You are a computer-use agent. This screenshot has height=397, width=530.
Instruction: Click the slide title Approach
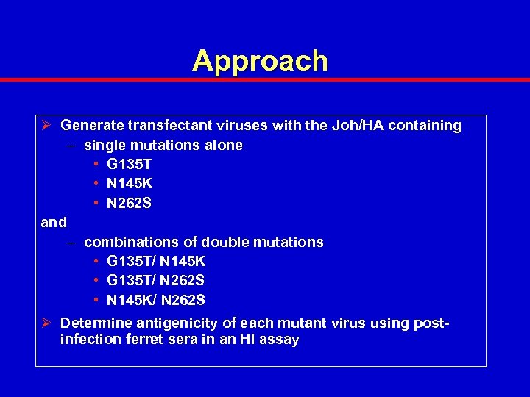click(x=260, y=61)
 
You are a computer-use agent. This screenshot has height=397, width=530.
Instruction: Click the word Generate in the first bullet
click(x=91, y=126)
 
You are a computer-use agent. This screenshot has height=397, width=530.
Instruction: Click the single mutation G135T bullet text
click(x=129, y=165)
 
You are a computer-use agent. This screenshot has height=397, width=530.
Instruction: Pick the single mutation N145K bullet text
click(x=130, y=184)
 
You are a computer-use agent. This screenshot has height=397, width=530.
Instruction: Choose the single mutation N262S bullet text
click(x=130, y=204)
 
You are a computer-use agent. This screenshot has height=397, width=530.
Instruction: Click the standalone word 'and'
click(x=54, y=223)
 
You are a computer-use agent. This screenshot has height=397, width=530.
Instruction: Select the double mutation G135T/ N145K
click(x=156, y=262)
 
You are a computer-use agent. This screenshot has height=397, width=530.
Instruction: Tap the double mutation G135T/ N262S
click(x=156, y=281)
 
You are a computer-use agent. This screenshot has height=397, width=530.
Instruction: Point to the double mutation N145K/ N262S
click(x=156, y=300)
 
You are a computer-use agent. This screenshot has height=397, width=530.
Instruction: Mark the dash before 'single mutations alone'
click(x=70, y=146)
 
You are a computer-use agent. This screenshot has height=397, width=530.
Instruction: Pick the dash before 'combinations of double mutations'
click(x=70, y=243)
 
